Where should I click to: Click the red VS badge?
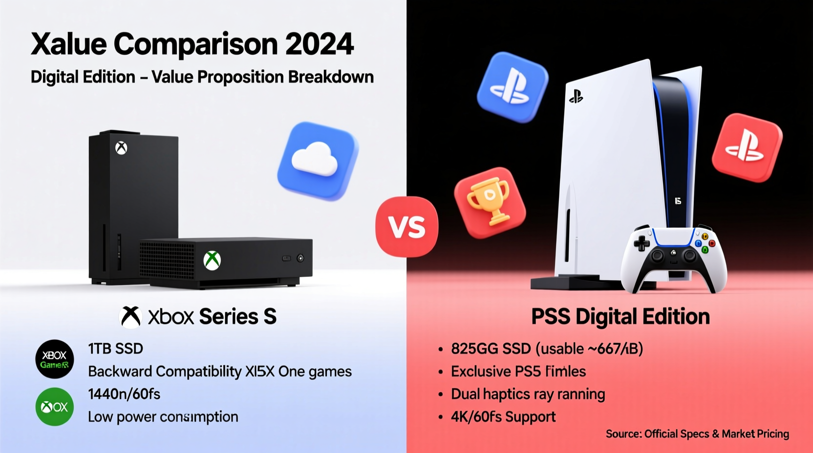(x=406, y=226)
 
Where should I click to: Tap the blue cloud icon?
(x=318, y=161)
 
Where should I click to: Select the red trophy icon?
(x=490, y=202)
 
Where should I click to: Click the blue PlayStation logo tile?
(x=513, y=87)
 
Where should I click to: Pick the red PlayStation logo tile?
(x=747, y=147)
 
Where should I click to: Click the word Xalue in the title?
(x=69, y=44)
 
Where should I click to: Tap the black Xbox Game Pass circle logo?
(x=55, y=359)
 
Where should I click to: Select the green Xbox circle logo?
(x=55, y=407)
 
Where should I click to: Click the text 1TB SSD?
(x=115, y=349)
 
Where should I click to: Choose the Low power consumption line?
(x=163, y=417)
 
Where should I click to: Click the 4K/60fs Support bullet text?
(x=503, y=417)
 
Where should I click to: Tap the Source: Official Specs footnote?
(x=697, y=434)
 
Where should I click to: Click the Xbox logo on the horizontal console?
(x=212, y=260)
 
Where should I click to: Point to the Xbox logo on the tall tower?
(x=121, y=148)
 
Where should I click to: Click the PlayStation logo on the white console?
(x=576, y=97)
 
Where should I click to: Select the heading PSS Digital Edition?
(x=620, y=317)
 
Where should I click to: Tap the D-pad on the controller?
(x=642, y=243)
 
